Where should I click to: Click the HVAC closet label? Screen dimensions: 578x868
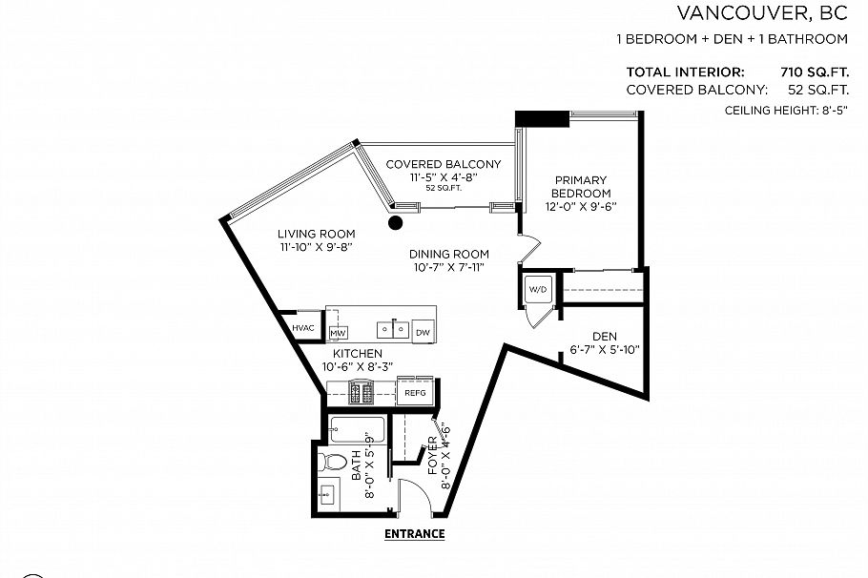pos(303,328)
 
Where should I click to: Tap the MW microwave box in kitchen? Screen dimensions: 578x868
pos(337,332)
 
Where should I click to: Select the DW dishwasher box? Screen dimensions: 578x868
pos(424,331)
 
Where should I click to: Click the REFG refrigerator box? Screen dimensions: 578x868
pos(415,392)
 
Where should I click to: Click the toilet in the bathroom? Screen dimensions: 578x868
pos(333,463)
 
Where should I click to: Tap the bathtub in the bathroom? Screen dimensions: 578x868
pos(357,430)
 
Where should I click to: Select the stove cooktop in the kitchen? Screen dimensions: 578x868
pos(362,391)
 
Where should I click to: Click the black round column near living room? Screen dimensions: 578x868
pos(395,223)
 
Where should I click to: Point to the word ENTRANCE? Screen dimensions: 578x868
pos(414,534)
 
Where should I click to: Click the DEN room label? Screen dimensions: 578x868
pos(603,335)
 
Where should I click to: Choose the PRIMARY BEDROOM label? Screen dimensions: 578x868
pos(580,187)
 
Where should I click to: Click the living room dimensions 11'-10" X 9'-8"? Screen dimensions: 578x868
pos(316,247)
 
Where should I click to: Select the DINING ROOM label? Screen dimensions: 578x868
pos(448,254)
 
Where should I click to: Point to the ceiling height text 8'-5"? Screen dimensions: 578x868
pos(832,111)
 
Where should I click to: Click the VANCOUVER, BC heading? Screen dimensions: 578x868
pos(761,13)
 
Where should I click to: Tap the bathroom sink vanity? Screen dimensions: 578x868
pos(327,494)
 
